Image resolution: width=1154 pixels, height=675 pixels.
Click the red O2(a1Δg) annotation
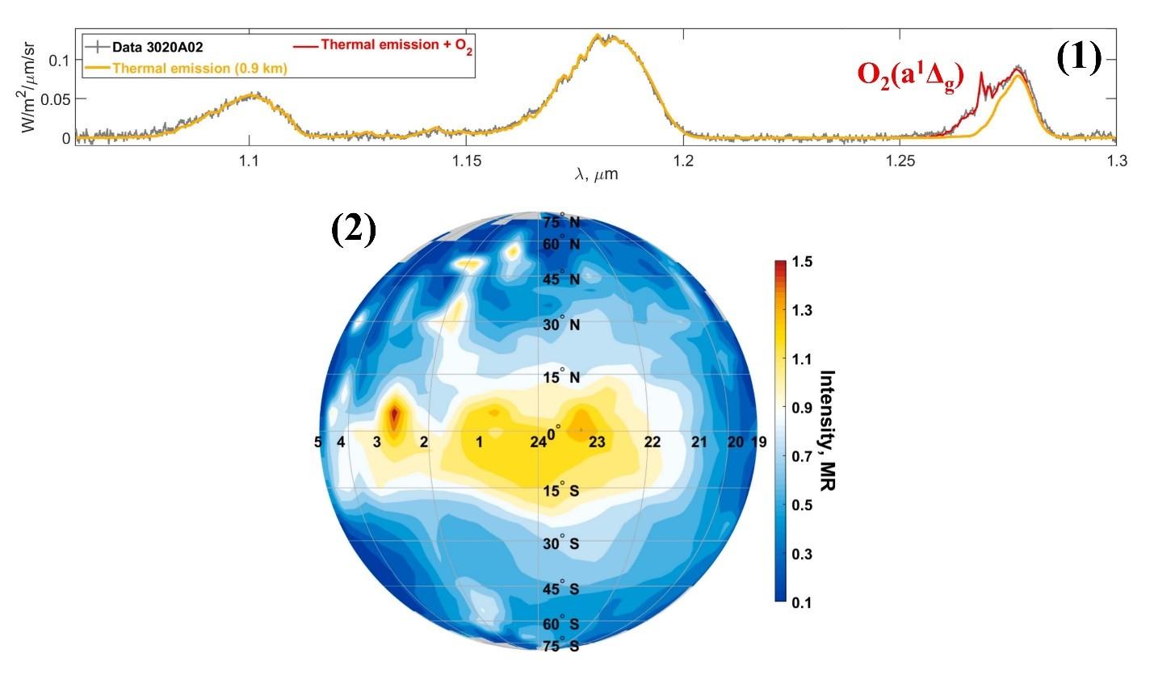point(910,74)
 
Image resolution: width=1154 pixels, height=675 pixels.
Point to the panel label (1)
point(1079,58)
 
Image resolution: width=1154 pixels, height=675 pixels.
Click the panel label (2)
point(354,229)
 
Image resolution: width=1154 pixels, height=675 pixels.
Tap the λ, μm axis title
point(596,174)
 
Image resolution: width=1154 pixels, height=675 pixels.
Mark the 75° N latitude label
point(561,223)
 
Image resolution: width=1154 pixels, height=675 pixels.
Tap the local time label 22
point(653,442)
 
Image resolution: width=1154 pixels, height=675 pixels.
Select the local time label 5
point(319,442)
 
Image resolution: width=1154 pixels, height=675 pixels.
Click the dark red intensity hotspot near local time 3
point(394,417)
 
